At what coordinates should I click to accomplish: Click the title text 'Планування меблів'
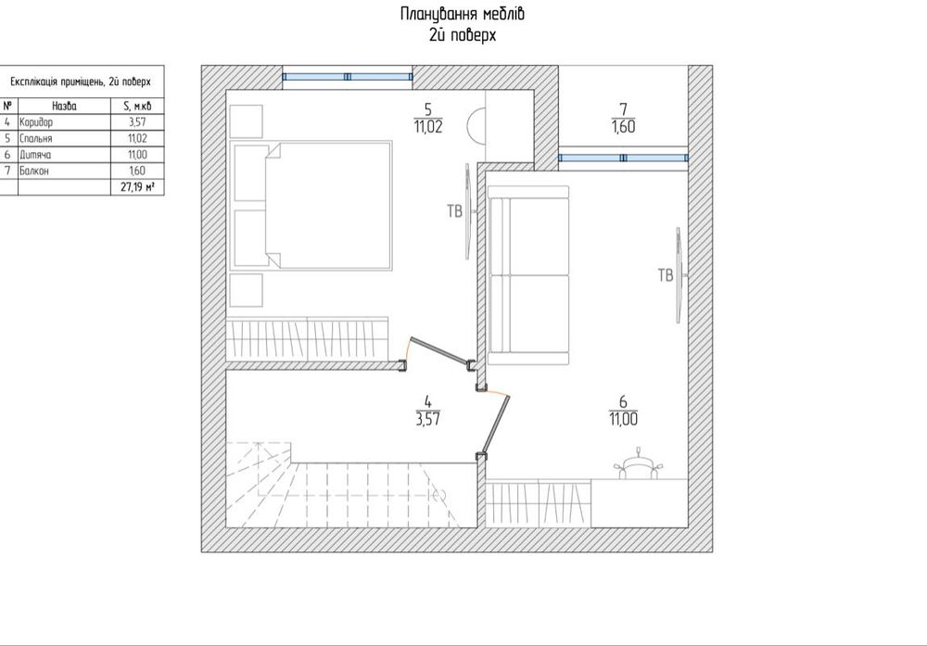tap(462, 14)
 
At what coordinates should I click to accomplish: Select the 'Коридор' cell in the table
tap(36, 122)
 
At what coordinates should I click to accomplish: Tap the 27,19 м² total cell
tap(142, 187)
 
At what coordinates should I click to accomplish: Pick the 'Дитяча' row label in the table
tap(35, 155)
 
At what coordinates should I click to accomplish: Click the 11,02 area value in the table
tap(137, 138)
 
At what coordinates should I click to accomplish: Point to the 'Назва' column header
tap(65, 107)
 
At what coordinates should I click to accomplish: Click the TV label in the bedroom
tap(454, 211)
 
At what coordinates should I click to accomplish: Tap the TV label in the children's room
tap(666, 275)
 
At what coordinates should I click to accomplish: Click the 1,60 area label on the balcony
tap(624, 126)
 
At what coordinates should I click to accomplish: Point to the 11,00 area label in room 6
tap(623, 419)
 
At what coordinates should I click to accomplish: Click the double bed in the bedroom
tap(312, 205)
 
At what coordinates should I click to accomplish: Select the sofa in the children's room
tap(528, 275)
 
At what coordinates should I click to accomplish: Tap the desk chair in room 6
tap(638, 463)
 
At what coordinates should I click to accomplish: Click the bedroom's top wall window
tap(347, 77)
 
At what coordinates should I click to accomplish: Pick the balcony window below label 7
tap(623, 158)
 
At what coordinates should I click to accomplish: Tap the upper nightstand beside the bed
tap(246, 121)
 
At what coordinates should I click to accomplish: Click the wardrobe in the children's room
tap(538, 503)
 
